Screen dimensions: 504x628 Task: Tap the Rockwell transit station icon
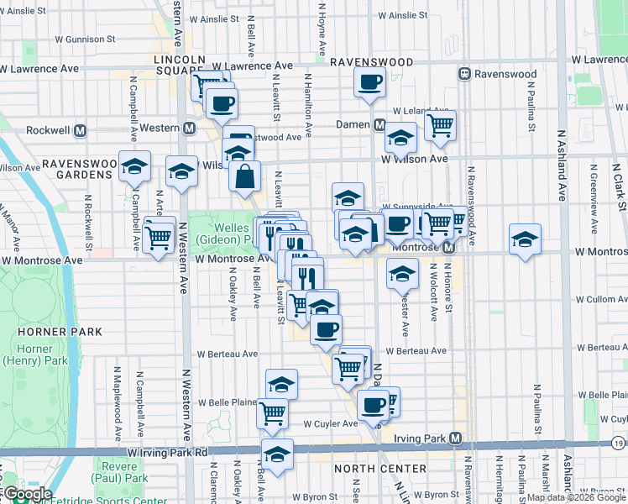point(81,130)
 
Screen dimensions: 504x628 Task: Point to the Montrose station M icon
point(448,248)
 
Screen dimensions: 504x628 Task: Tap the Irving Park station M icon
point(455,438)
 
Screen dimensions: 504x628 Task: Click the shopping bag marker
point(244,178)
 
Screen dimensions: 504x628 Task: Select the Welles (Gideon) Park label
point(220,234)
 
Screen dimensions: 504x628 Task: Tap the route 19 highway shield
point(619,442)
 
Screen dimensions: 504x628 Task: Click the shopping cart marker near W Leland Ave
point(440,127)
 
